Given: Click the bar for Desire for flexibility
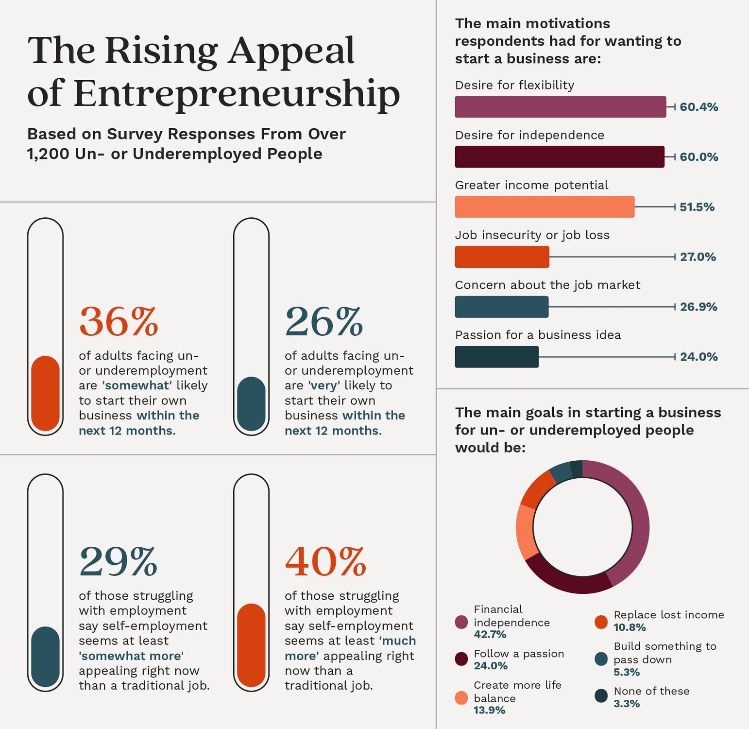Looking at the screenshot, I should click(x=560, y=107).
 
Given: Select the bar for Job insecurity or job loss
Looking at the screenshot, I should click(x=502, y=257).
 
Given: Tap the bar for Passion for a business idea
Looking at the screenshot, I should click(x=496, y=357).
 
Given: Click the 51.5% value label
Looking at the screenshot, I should click(x=697, y=207).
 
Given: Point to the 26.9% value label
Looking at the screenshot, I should click(x=698, y=307).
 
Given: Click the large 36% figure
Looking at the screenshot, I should click(x=119, y=322).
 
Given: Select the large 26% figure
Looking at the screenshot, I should click(x=324, y=322).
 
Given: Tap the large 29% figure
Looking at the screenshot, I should click(x=119, y=561).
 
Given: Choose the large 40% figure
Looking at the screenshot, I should click(x=325, y=561).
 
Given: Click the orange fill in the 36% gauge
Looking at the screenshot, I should click(x=45, y=394).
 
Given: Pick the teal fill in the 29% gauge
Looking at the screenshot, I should click(x=45, y=656).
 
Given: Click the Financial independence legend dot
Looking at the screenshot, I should click(x=461, y=622).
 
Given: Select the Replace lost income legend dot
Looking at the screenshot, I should click(x=601, y=622).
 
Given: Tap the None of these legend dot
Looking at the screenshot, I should click(x=601, y=696).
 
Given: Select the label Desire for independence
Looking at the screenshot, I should click(x=529, y=135).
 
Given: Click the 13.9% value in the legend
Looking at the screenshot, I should click(x=489, y=711).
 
